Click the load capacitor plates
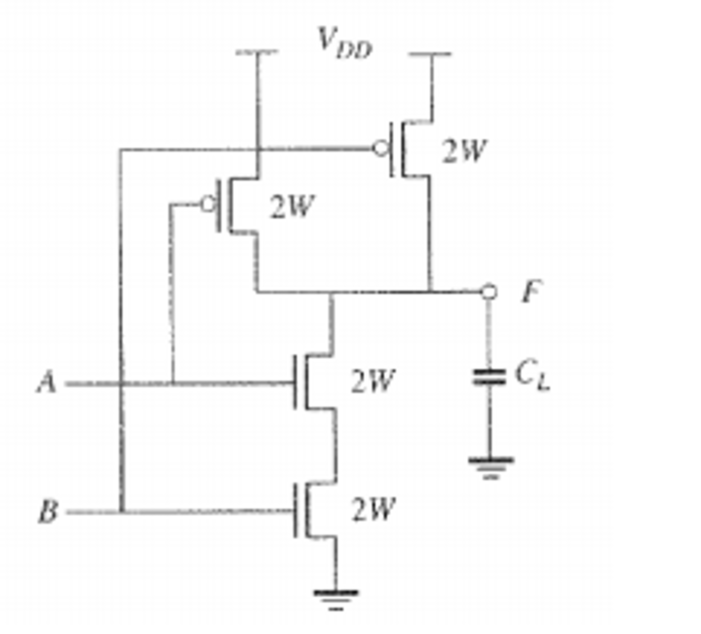[489, 377]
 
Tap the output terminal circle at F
[489, 291]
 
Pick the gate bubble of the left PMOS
[208, 204]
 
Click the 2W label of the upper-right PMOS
[464, 151]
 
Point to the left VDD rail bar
[257, 52]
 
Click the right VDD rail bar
[430, 54]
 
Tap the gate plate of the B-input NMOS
[296, 511]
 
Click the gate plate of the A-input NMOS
[296, 382]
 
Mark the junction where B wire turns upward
[121, 512]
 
